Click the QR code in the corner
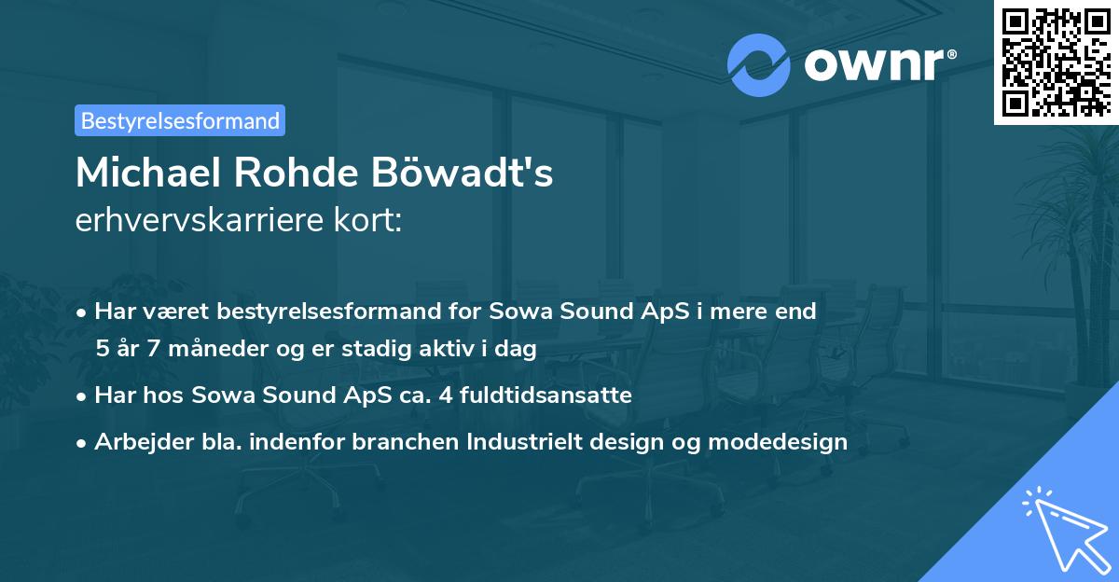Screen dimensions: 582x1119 [x=1055, y=62]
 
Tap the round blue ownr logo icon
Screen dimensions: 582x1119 [x=758, y=65]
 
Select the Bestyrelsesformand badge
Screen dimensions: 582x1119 [x=180, y=120]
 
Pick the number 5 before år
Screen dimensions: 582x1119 [x=102, y=349]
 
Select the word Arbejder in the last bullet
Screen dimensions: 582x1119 [x=135, y=442]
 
